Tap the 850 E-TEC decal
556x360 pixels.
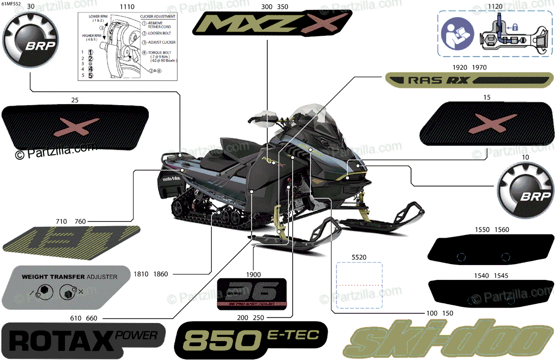click(251, 341)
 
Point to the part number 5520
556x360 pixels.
click(359, 256)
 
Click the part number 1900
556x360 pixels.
click(253, 274)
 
